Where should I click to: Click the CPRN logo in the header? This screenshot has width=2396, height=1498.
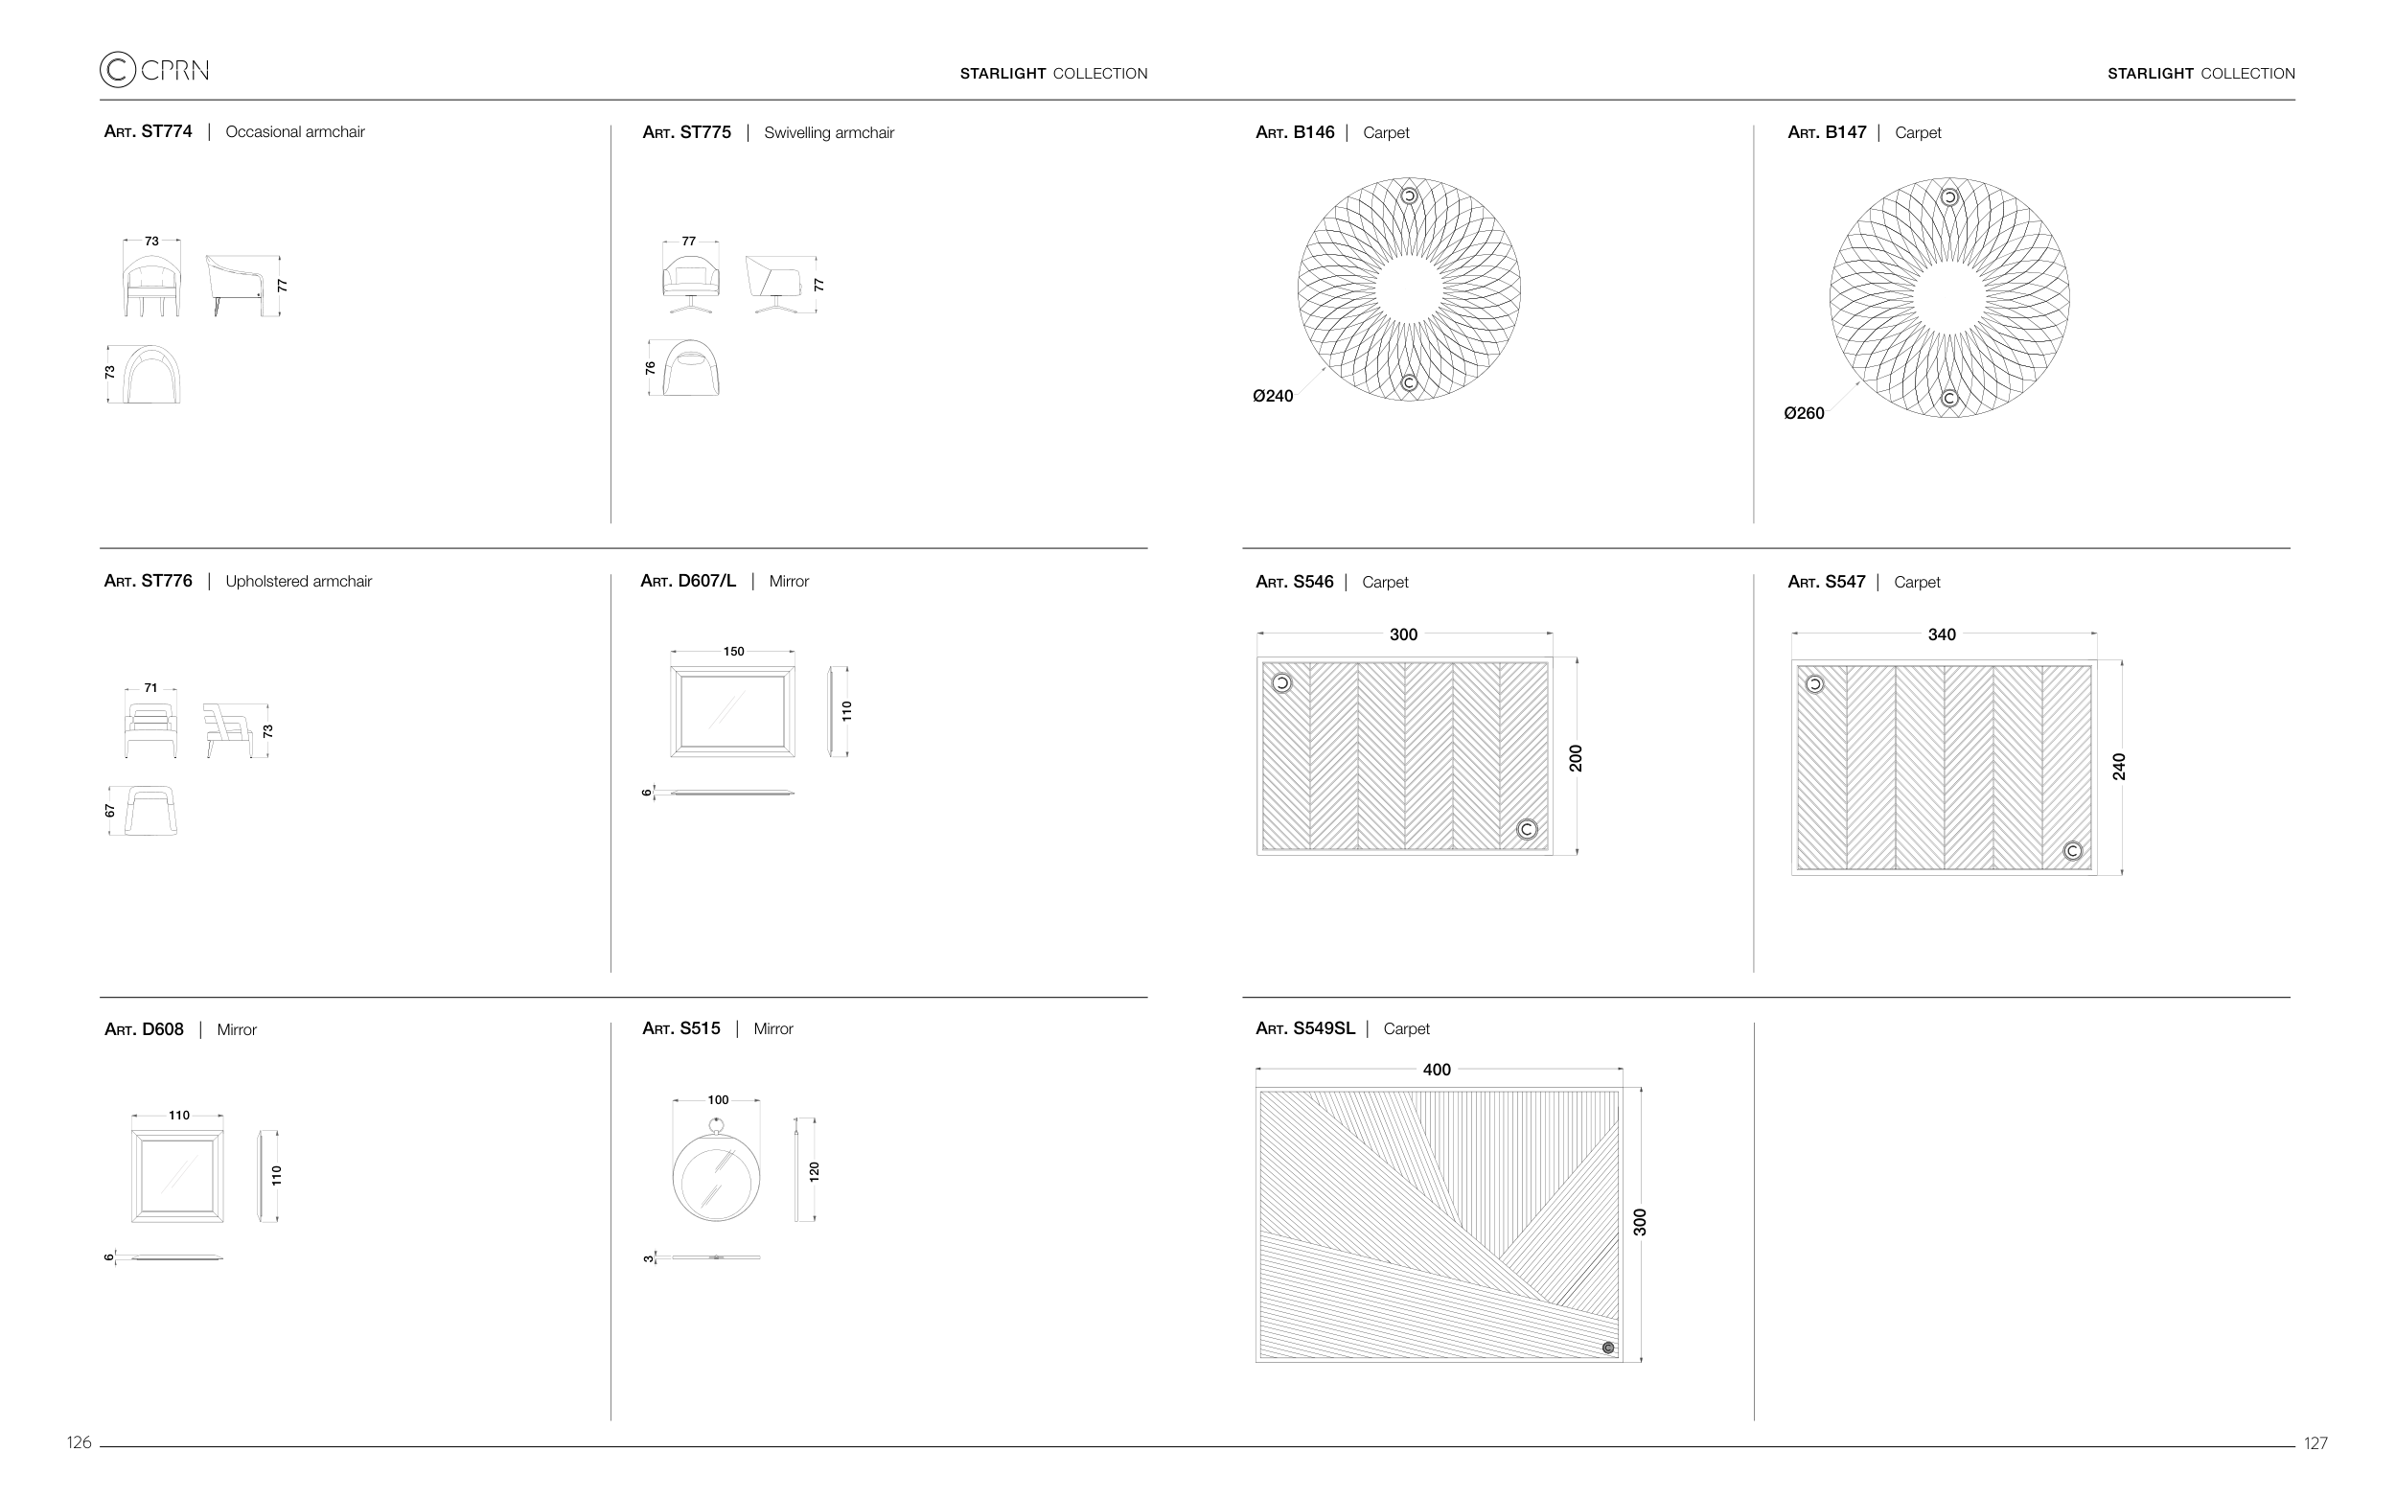tap(153, 69)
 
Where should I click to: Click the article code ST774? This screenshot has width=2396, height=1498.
tap(167, 131)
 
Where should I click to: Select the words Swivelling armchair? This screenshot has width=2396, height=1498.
tap(829, 133)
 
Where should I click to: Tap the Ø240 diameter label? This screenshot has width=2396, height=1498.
tap(1273, 396)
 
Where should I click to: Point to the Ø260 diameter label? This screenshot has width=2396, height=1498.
tap(1804, 413)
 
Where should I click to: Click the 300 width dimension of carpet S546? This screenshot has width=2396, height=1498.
tap(1403, 634)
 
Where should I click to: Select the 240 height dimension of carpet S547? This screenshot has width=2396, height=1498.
tap(2119, 767)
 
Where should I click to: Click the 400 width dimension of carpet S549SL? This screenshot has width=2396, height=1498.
tap(1437, 1070)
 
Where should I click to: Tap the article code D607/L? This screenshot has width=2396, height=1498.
tap(707, 582)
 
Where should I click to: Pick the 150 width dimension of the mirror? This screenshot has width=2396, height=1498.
tap(733, 652)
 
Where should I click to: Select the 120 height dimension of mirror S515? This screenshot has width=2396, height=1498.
tap(815, 1172)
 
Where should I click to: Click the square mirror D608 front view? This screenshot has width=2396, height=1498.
tap(177, 1176)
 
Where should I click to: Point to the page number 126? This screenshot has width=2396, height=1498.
tap(80, 1442)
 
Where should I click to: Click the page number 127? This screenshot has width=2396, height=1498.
tap(2315, 1443)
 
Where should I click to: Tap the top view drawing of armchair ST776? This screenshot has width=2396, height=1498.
tap(151, 811)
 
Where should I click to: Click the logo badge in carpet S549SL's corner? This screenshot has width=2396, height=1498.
tap(1607, 1348)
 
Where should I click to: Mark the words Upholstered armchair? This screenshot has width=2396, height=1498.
tap(298, 582)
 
